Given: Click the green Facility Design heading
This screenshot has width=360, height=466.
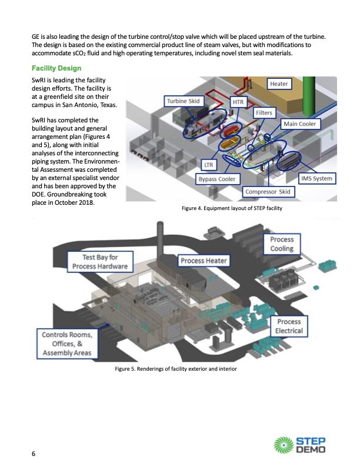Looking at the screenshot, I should click(56, 68).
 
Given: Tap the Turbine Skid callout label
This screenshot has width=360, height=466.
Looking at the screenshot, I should click(184, 101).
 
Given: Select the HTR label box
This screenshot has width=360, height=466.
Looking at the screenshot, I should click(238, 102).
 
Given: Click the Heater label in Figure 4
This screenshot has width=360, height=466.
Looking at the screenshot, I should click(279, 84).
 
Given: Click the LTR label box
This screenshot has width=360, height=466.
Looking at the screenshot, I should click(208, 165).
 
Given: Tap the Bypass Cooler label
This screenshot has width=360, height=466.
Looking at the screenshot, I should click(216, 179).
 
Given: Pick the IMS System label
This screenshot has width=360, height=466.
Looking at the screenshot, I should click(316, 178).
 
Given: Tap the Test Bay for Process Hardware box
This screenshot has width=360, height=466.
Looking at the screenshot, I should click(99, 261).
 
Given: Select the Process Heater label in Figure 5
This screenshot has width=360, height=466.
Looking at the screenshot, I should click(204, 261).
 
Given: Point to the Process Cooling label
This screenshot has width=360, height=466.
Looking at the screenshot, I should click(282, 244).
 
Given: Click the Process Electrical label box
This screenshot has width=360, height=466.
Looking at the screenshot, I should click(289, 327).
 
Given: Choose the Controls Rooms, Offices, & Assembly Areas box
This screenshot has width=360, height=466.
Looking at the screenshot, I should click(68, 344).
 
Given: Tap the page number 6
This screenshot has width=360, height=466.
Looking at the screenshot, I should click(34, 453).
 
